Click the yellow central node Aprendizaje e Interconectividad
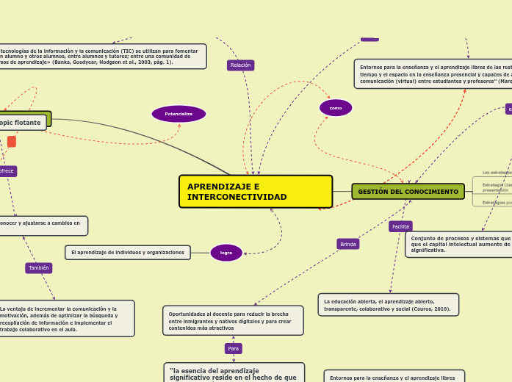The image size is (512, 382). (x=255, y=192)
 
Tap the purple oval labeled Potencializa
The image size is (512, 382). (x=179, y=114)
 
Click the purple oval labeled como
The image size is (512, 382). (x=336, y=108)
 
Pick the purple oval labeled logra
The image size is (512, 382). (x=226, y=253)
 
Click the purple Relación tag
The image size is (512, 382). (x=240, y=65)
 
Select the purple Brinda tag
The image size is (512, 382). (x=348, y=244)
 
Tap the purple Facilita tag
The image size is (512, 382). (x=400, y=226)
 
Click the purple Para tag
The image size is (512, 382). (x=233, y=348)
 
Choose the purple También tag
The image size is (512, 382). (x=39, y=268)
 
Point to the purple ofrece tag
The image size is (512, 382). (x=7, y=171)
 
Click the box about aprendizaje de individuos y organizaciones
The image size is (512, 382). (x=127, y=253)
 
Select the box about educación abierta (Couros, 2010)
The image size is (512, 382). (x=388, y=305)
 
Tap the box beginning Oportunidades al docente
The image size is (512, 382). (x=233, y=321)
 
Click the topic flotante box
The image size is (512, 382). (x=21, y=123)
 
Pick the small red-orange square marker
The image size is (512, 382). (x=11, y=142)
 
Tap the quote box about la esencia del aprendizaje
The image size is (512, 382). (x=234, y=372)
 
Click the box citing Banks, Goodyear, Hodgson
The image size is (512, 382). (x=101, y=57)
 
